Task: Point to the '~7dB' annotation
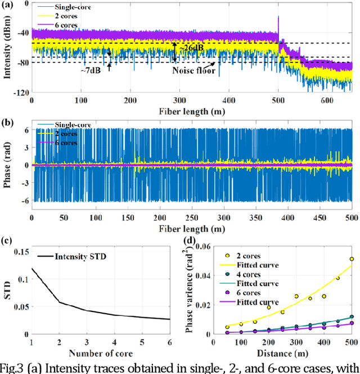coord(91,70)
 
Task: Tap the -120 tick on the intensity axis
coord(20,92)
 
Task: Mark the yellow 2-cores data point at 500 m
coord(352,259)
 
